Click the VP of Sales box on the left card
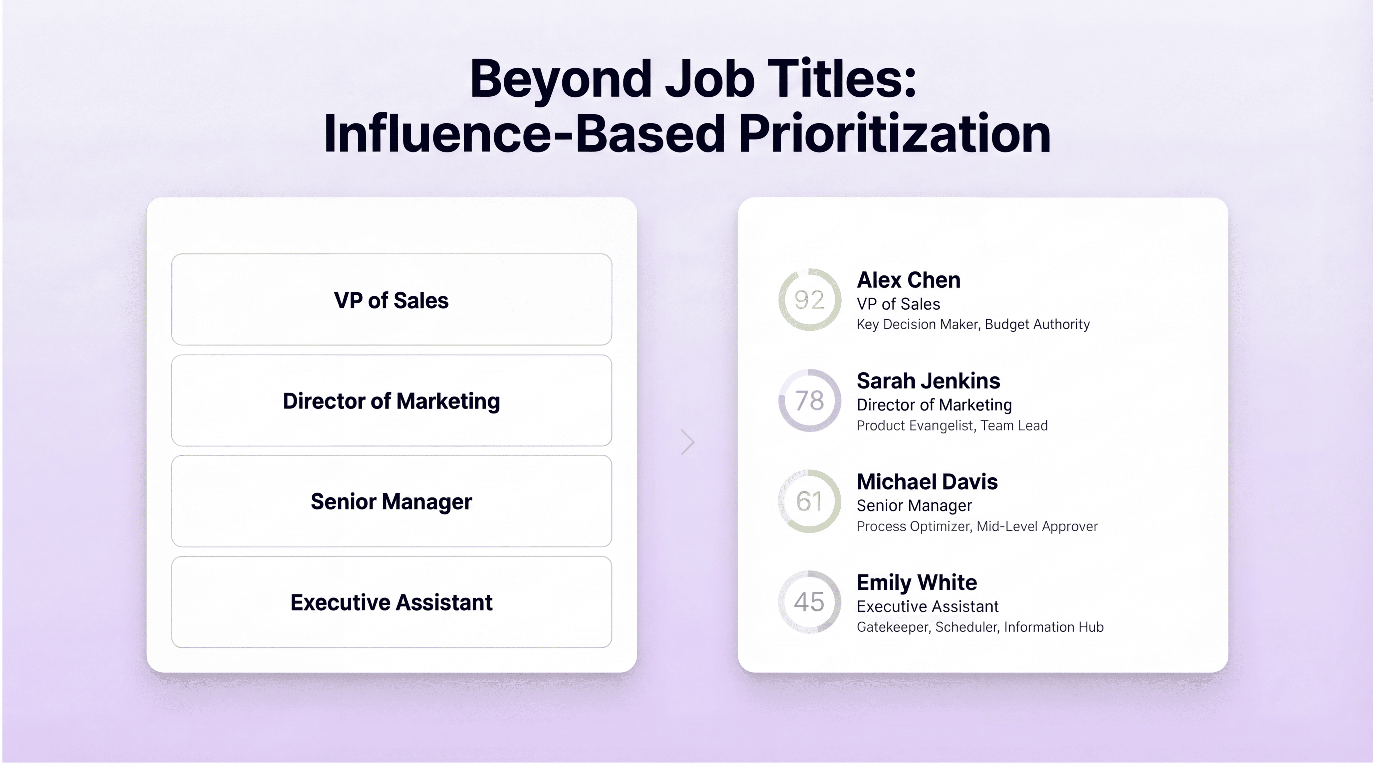click(391, 300)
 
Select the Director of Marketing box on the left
click(391, 400)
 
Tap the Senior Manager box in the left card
click(391, 501)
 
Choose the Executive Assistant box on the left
click(391, 602)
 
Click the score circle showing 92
click(809, 300)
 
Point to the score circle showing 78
click(809, 400)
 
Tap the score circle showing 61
click(809, 501)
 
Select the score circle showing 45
click(809, 602)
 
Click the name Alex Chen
click(909, 280)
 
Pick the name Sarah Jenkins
click(928, 381)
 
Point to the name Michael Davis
click(927, 482)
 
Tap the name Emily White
click(917, 582)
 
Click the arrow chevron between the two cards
click(687, 442)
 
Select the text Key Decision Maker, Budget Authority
click(973, 324)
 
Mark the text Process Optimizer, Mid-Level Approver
click(977, 527)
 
